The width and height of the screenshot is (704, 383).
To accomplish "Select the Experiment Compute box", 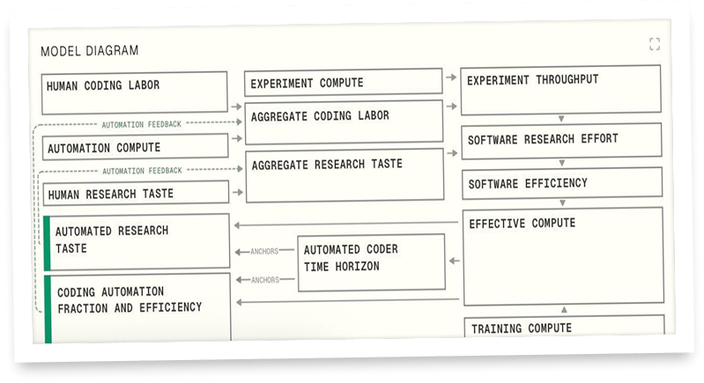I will click(343, 83).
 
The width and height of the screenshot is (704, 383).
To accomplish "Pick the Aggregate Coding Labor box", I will click(343, 122).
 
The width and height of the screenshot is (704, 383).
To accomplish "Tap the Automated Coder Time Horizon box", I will click(370, 261).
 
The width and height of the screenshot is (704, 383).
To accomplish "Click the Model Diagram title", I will click(90, 50).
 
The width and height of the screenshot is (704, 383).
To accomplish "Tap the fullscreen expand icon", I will click(654, 44).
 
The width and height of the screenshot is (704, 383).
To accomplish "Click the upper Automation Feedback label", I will click(142, 125).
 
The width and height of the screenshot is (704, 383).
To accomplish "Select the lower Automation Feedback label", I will click(142, 171).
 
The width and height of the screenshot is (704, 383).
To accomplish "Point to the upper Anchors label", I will click(264, 251).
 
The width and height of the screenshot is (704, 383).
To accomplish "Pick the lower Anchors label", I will click(264, 280).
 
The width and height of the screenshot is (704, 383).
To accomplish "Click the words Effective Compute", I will click(522, 224).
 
